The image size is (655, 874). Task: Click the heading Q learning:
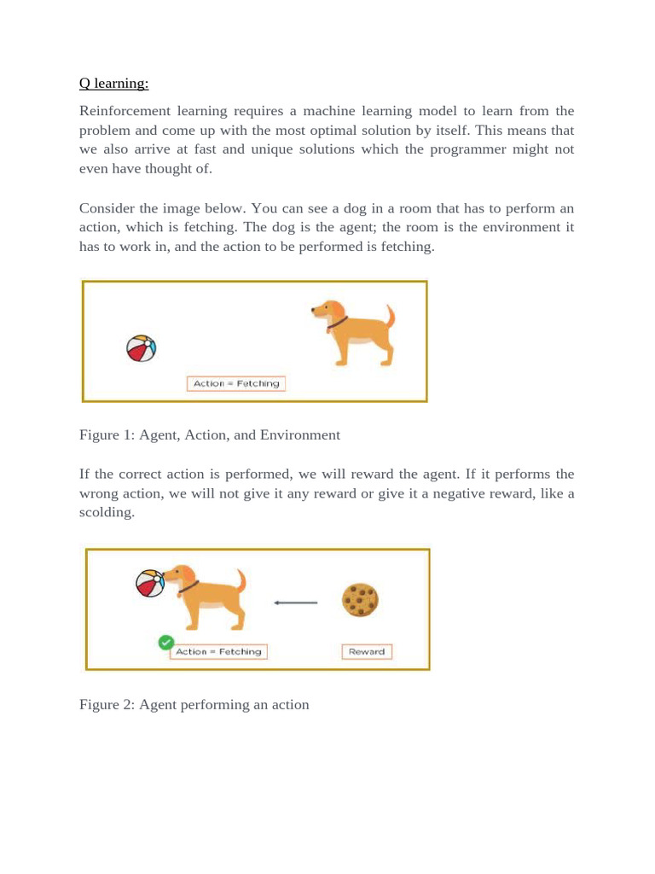click(x=113, y=84)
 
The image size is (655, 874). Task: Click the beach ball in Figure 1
click(x=141, y=348)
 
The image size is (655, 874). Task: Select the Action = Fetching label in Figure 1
click(x=236, y=384)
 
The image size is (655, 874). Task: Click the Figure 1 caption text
click(x=209, y=435)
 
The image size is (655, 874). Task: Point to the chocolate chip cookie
click(x=360, y=600)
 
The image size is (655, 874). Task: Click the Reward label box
click(x=367, y=651)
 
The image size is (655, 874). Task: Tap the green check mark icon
click(x=166, y=643)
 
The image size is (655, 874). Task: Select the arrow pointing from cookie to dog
click(x=296, y=603)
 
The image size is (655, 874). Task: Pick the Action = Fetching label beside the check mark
click(x=218, y=651)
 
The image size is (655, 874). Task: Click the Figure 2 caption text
click(x=194, y=705)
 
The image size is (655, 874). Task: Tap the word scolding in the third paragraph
click(x=107, y=513)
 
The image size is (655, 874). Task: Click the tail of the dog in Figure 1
click(x=390, y=317)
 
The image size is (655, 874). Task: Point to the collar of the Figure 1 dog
click(x=337, y=323)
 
